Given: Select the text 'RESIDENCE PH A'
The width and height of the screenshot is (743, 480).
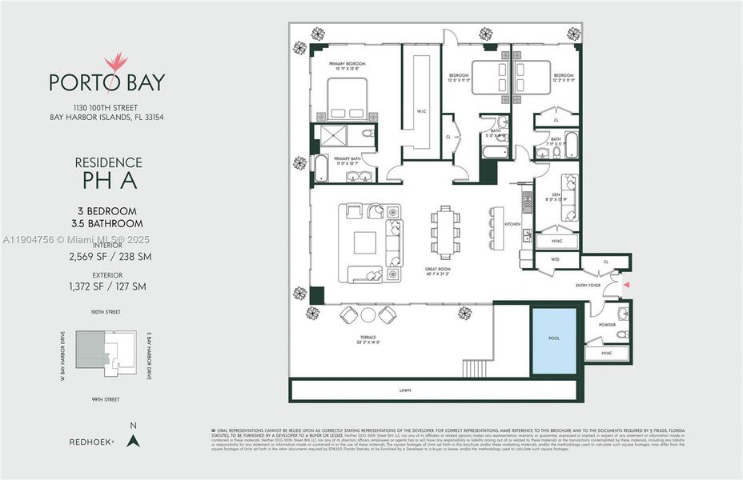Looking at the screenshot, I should (x=108, y=172).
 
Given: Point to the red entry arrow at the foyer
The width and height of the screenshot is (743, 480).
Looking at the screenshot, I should (x=627, y=284).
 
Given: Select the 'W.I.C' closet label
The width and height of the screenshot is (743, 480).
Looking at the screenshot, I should (x=420, y=110).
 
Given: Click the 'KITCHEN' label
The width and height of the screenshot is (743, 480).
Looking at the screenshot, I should (x=512, y=224).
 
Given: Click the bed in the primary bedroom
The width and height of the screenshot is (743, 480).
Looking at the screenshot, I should (x=346, y=101).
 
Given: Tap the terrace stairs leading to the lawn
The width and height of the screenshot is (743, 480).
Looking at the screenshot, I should (x=476, y=368).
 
